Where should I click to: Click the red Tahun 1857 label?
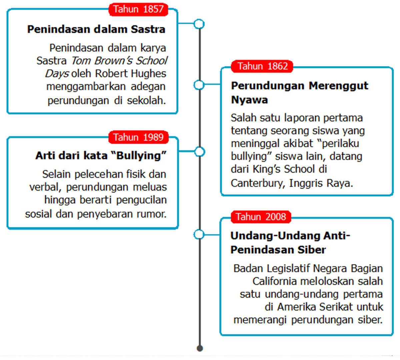pyautogui.click(x=138, y=9)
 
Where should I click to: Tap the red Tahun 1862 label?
pyautogui.click(x=262, y=66)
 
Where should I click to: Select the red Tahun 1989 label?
pyautogui.click(x=138, y=137)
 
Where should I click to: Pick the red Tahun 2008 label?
pyautogui.click(x=261, y=217)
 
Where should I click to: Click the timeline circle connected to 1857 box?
pyautogui.click(x=199, y=24)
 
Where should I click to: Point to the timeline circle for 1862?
pyautogui.click(x=199, y=85)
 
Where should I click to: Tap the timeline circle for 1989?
pyautogui.click(x=199, y=152)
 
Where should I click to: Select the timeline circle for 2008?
pyautogui.click(x=199, y=234)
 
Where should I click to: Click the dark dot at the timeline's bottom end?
pyautogui.click(x=200, y=348)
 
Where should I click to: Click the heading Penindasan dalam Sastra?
pyautogui.click(x=96, y=29)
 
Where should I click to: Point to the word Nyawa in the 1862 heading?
pyautogui.click(x=249, y=100)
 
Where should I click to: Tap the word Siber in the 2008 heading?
pyautogui.click(x=311, y=250)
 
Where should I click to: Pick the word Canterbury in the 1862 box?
pyautogui.click(x=258, y=183)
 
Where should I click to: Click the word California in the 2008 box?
pyautogui.click(x=274, y=281)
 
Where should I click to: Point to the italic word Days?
pyautogui.click(x=57, y=73)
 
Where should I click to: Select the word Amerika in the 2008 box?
pyautogui.click(x=296, y=307)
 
